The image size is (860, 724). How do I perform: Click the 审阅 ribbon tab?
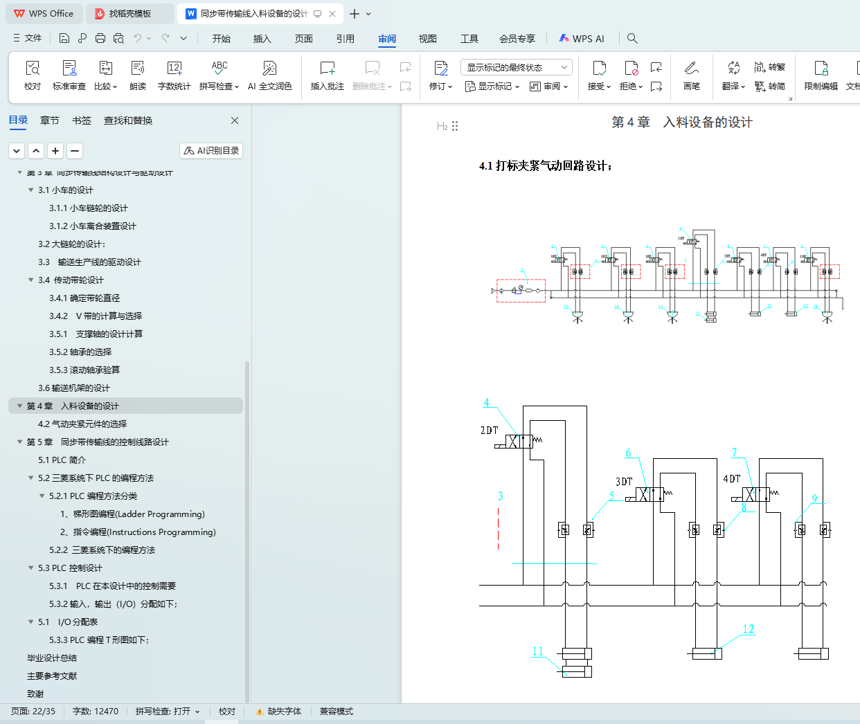387,39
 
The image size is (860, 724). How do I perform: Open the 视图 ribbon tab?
428,39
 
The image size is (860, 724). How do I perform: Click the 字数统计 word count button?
174,75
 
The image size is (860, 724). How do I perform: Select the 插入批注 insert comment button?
328,75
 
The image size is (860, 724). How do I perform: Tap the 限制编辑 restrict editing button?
821,75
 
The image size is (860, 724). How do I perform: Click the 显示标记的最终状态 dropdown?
516,67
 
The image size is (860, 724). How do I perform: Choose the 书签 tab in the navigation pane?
82,120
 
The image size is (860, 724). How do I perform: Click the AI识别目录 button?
211,150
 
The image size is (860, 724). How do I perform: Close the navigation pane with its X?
235,120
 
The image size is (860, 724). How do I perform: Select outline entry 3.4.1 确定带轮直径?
84,298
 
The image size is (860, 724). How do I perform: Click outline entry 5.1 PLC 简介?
62,460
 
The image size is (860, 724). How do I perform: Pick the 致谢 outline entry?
35,694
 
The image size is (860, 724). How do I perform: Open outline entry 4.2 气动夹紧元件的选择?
82,424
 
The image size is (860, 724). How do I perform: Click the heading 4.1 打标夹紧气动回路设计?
545,166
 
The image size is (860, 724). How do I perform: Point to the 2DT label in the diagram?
490,431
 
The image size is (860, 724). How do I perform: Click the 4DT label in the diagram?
732,479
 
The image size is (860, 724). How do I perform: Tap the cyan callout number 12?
749,629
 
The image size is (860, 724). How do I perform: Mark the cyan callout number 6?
629,453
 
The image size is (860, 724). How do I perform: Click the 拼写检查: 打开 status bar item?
168,712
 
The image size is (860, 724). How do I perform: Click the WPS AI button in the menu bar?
582,39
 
